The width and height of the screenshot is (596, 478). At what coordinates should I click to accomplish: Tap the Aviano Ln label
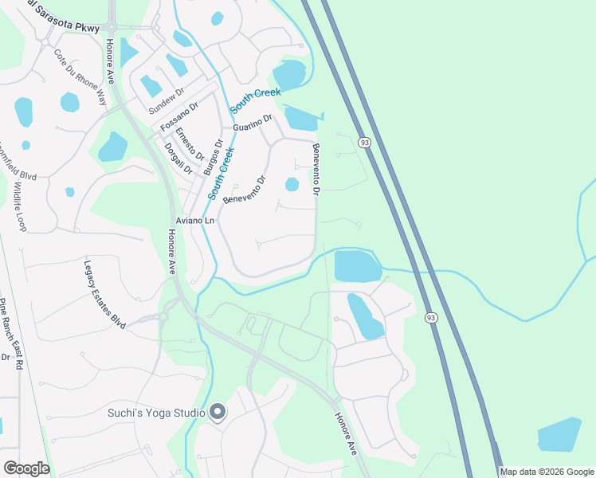194,220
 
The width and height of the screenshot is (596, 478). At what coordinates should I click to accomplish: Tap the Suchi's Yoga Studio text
156,412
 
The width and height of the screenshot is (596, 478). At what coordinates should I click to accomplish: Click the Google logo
25,468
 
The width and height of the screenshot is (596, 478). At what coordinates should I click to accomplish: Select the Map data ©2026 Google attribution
546,472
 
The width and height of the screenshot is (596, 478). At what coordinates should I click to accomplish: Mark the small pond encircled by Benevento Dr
292,185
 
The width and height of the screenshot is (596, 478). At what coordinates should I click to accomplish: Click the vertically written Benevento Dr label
316,169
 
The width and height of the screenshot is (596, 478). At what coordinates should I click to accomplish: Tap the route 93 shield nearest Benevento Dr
364,142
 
